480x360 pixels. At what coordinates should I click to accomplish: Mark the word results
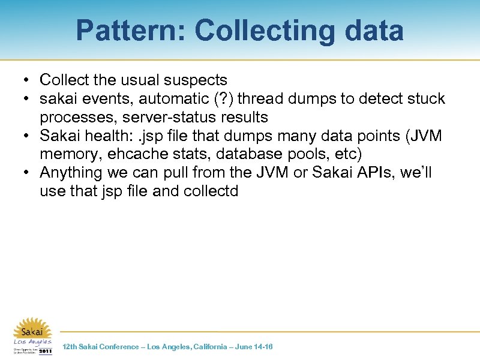(x=238, y=116)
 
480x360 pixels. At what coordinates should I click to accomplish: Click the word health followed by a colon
(x=110, y=136)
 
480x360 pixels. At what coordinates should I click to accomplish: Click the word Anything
(x=71, y=173)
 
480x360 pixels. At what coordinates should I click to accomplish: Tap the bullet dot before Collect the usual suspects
(x=26, y=80)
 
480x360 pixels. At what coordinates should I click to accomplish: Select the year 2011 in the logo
(x=46, y=352)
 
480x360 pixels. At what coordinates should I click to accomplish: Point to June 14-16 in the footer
(x=254, y=347)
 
